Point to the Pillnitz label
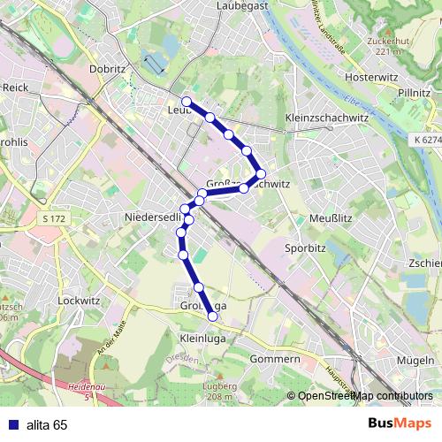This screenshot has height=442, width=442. tap(414, 92)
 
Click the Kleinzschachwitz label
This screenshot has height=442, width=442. tap(326, 118)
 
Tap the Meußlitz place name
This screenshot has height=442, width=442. tap(332, 217)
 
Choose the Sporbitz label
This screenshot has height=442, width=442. tap(306, 248)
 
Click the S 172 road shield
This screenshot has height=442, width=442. tap(53, 217)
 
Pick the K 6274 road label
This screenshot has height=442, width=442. tap(426, 140)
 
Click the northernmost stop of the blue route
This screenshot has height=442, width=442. tap(187, 102)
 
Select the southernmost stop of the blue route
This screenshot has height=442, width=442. tap(212, 316)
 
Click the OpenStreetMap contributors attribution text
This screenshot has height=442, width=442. tap(365, 396)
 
